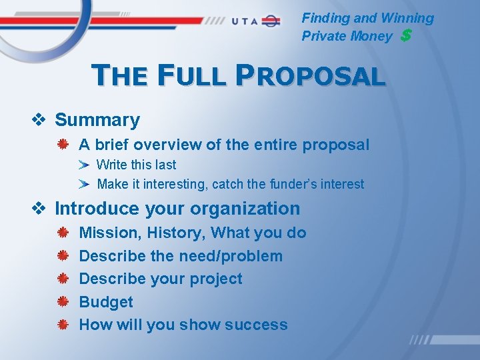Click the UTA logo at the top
coord(256,21)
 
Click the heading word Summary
coord(97,120)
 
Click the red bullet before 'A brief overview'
coord(61,145)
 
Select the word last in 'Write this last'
coord(165,165)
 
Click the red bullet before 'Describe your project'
coord(61,279)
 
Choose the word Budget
coord(106,302)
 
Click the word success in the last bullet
coord(256,325)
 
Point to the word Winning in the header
coord(407,19)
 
